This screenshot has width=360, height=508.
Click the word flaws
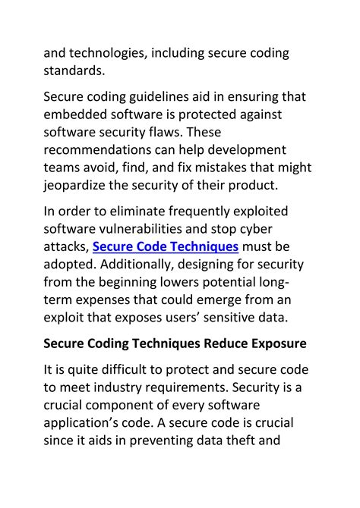(190, 133)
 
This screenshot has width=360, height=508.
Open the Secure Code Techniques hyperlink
(166, 247)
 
